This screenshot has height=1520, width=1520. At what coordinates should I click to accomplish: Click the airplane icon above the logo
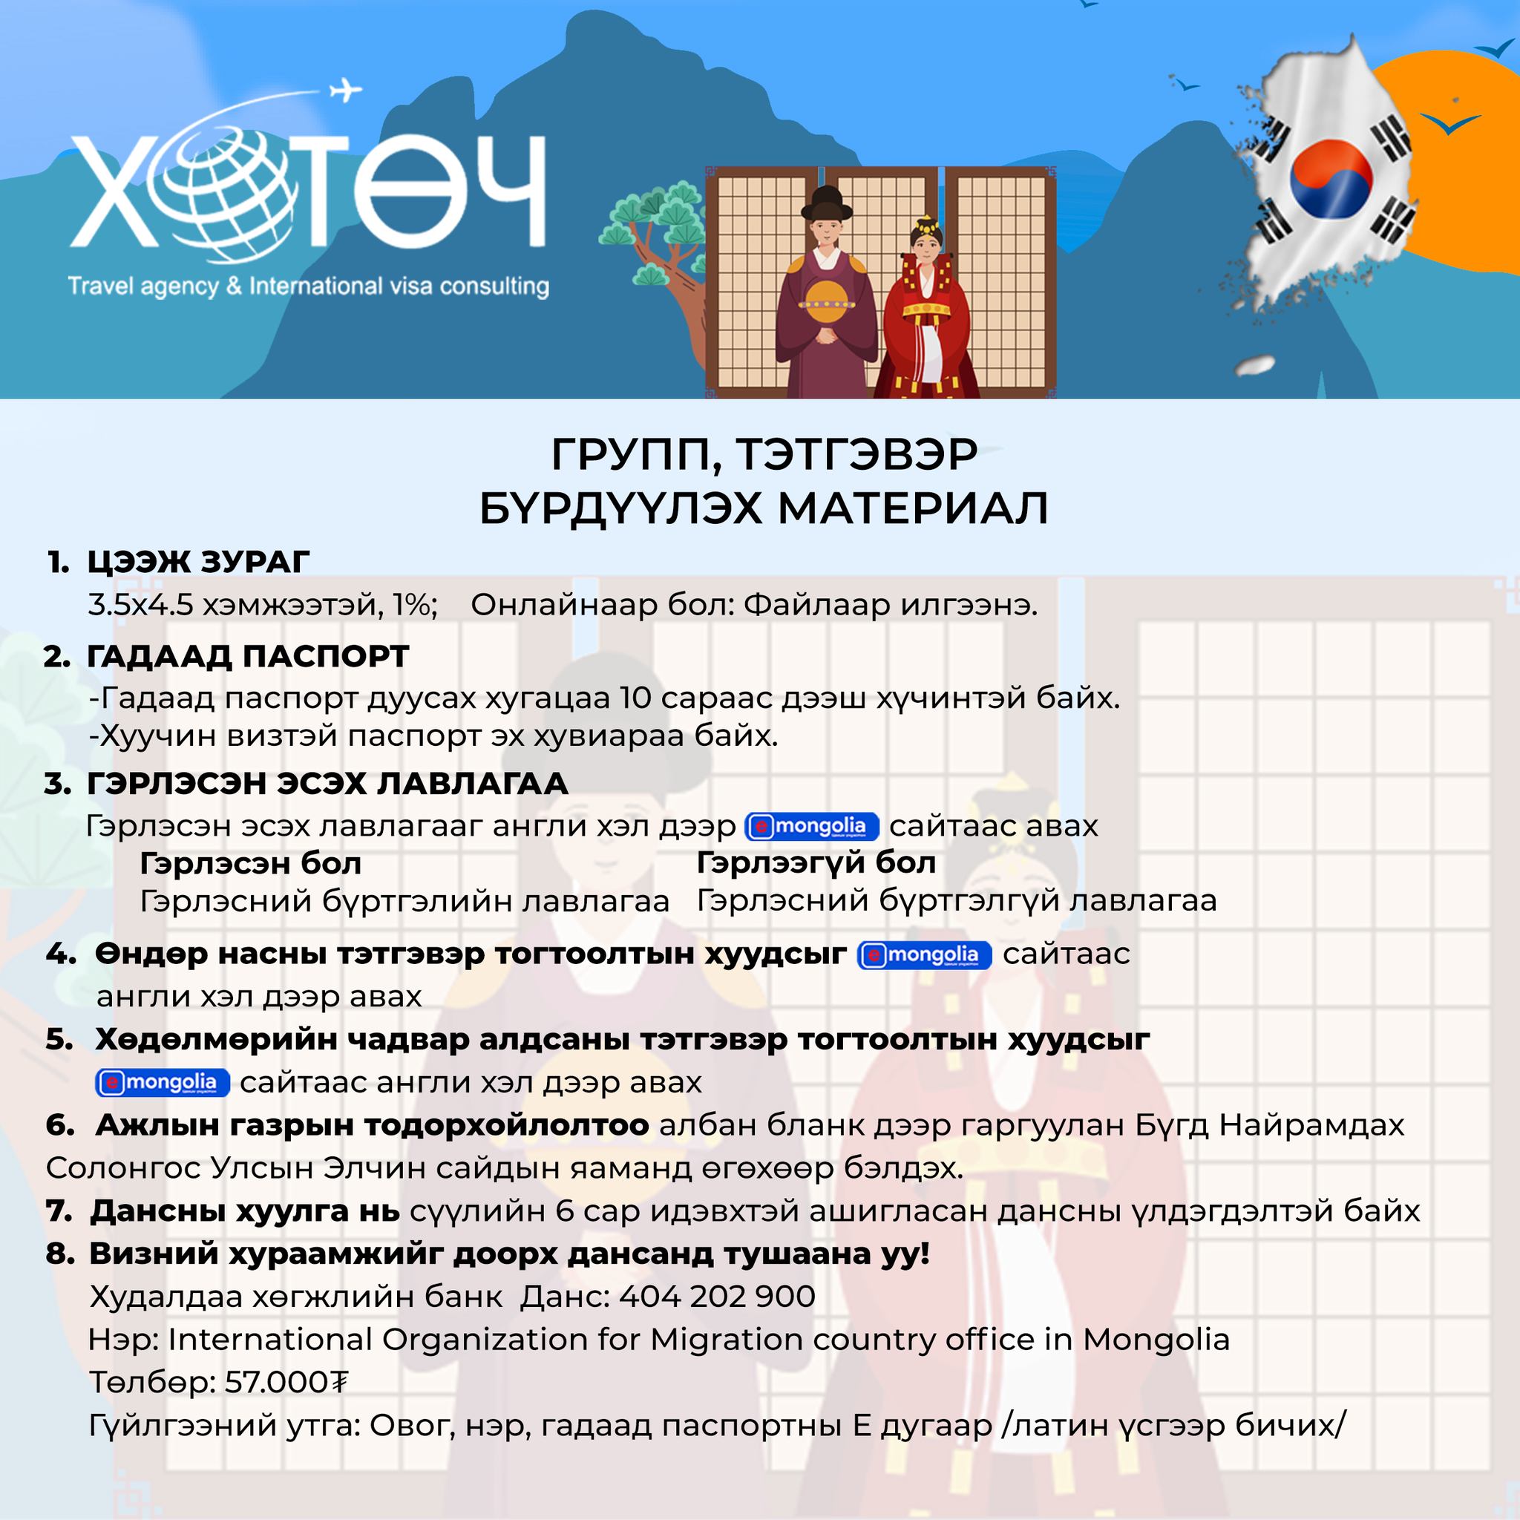pyautogui.click(x=344, y=90)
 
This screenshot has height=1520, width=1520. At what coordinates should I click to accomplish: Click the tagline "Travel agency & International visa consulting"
pyautogui.click(x=309, y=286)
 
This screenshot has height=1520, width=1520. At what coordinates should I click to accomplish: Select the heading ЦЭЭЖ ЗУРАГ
pyautogui.click(x=198, y=562)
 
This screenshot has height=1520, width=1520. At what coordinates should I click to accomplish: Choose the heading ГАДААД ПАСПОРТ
pyautogui.click(x=248, y=656)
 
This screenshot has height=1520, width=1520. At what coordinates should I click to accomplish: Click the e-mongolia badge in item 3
pyautogui.click(x=811, y=826)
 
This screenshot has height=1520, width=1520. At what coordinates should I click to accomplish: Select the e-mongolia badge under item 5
pyautogui.click(x=163, y=1083)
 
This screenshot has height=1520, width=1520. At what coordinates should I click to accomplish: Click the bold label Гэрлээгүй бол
pyautogui.click(x=816, y=863)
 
